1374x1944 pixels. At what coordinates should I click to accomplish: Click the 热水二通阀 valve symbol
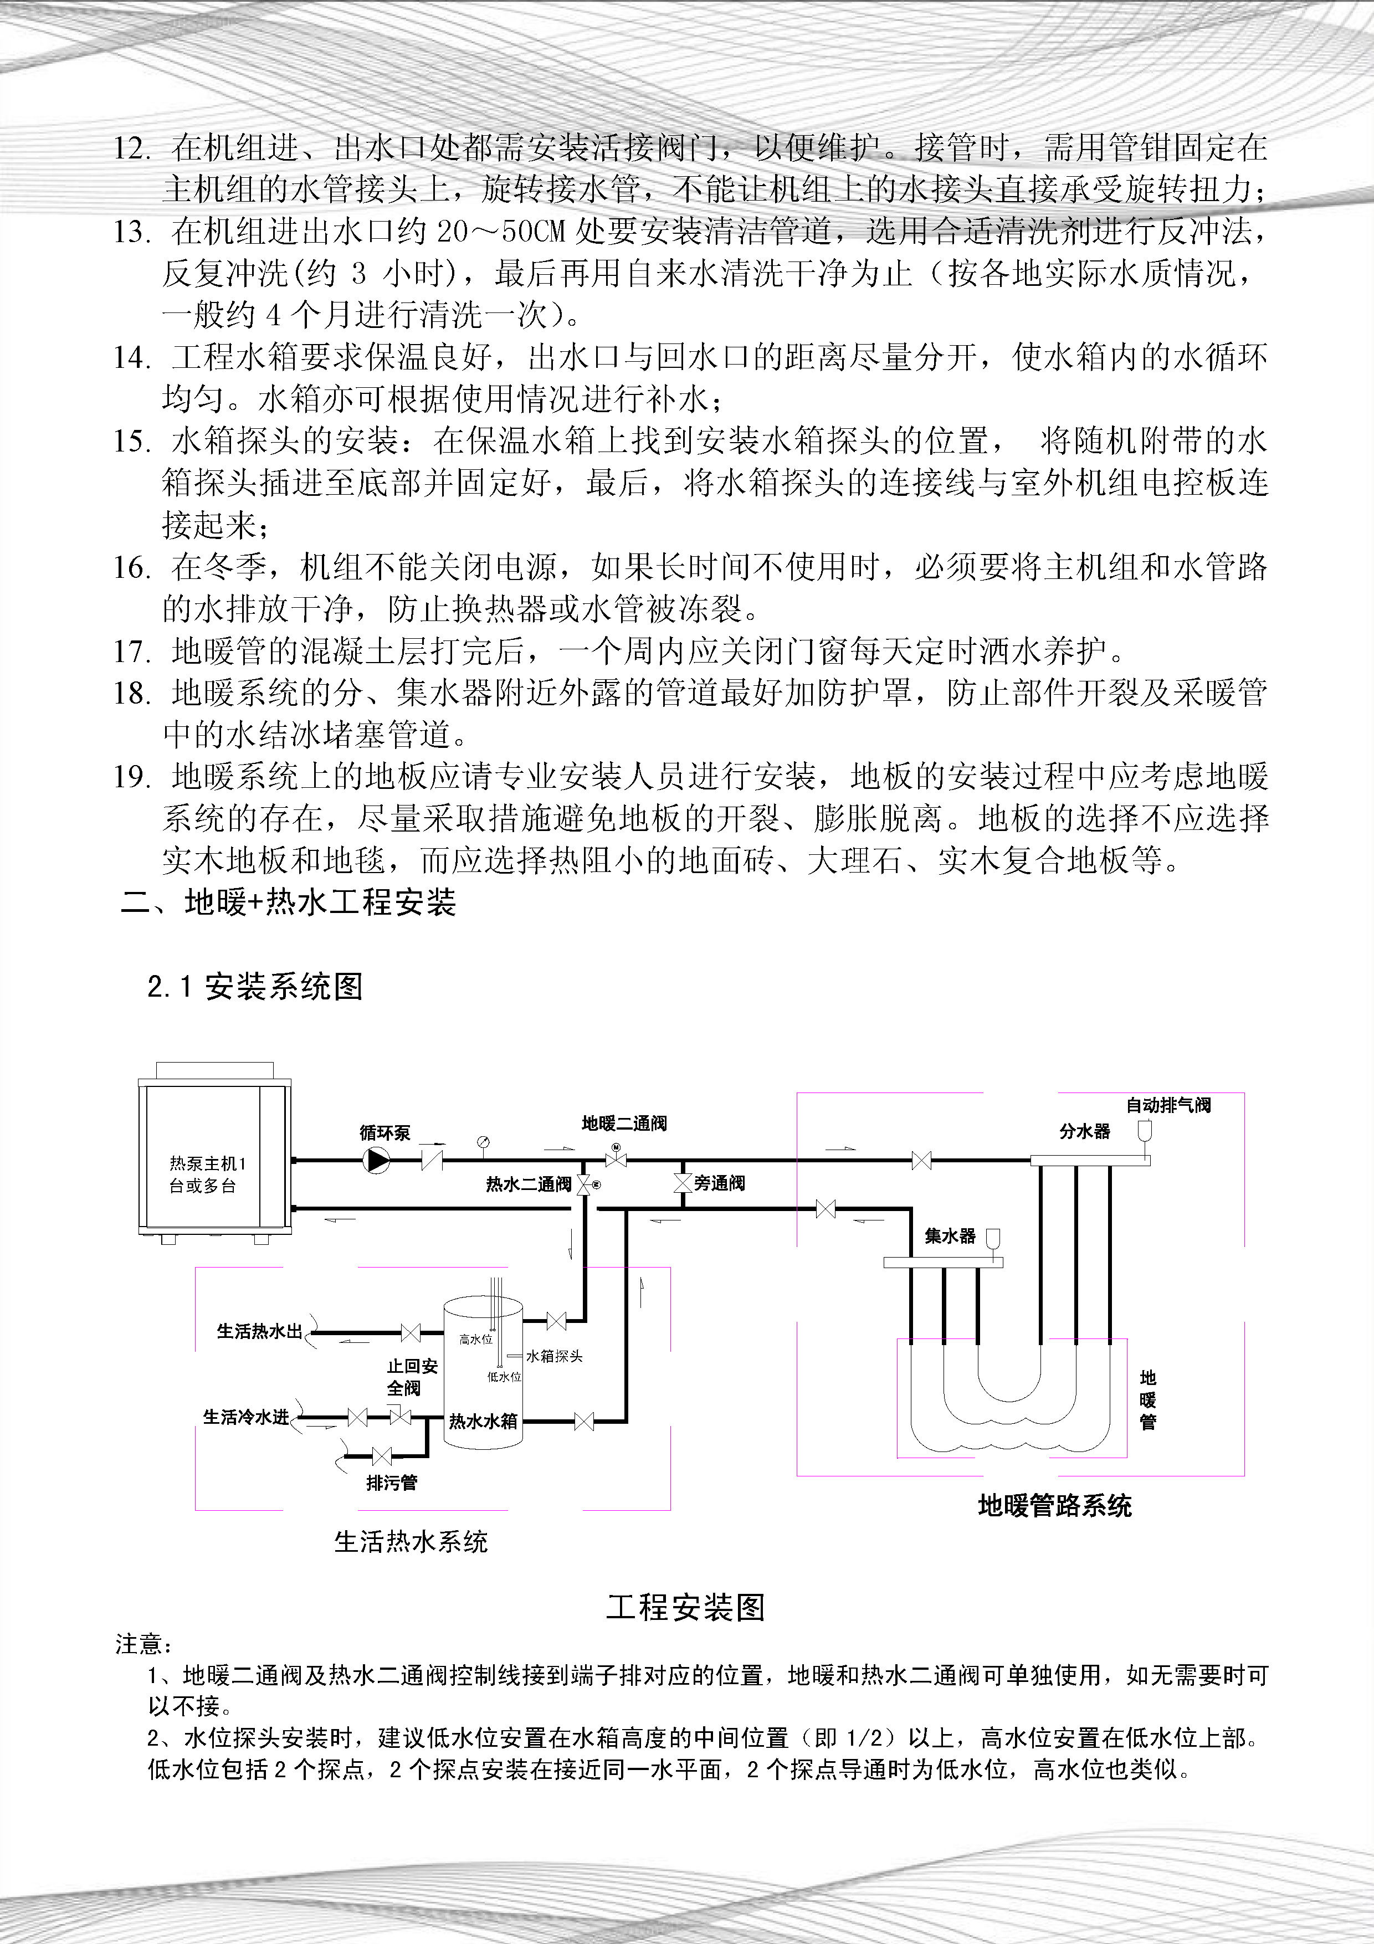pyautogui.click(x=584, y=1186)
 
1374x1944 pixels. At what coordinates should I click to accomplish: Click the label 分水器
pyautogui.click(x=1084, y=1131)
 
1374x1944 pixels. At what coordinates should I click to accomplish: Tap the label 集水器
pyautogui.click(x=950, y=1236)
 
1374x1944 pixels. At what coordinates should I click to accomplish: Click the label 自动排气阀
pyautogui.click(x=1168, y=1105)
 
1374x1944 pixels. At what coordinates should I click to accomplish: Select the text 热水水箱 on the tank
pyautogui.click(x=483, y=1422)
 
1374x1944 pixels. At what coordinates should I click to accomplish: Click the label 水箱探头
pyautogui.click(x=555, y=1356)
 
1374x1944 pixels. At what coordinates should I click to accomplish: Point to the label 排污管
pyautogui.click(x=391, y=1483)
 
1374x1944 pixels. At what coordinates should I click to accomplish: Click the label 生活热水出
pyautogui.click(x=260, y=1331)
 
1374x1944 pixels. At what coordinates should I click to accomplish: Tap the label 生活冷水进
pyautogui.click(x=247, y=1417)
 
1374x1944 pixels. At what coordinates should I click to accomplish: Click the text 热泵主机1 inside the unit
pyautogui.click(x=207, y=1163)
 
